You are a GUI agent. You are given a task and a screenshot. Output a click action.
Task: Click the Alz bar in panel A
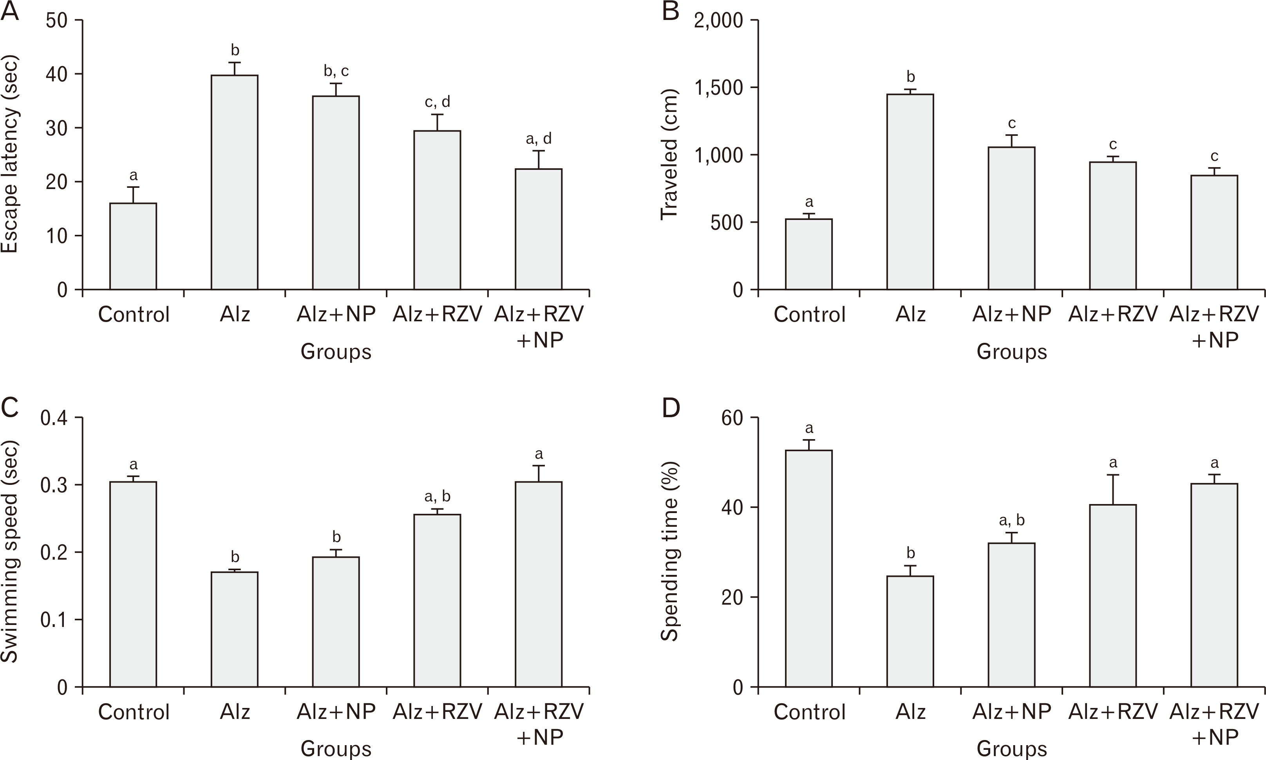pyautogui.click(x=234, y=182)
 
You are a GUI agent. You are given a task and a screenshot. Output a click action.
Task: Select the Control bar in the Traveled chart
pyautogui.click(x=809, y=254)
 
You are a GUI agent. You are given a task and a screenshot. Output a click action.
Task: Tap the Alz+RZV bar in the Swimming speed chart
pyautogui.click(x=437, y=600)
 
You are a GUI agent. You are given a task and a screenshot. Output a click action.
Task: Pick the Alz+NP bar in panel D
pyautogui.click(x=1011, y=614)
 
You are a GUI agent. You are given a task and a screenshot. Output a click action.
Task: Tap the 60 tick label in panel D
pyautogui.click(x=732, y=418)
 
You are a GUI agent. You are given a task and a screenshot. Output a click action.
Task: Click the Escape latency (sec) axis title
pyautogui.click(x=10, y=155)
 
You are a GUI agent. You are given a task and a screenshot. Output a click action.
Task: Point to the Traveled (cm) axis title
pyautogui.click(x=669, y=155)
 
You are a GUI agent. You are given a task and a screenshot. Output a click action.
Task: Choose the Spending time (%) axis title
pyautogui.click(x=669, y=551)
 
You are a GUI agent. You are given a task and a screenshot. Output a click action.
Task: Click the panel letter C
pyautogui.click(x=10, y=408)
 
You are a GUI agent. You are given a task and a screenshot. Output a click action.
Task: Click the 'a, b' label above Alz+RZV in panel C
pyautogui.click(x=437, y=496)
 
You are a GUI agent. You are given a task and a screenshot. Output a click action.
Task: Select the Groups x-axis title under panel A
pyautogui.click(x=336, y=352)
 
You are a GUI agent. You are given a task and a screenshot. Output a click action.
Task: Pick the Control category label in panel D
pyautogui.click(x=809, y=712)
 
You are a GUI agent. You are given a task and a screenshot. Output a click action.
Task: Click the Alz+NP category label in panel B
pyautogui.click(x=1011, y=314)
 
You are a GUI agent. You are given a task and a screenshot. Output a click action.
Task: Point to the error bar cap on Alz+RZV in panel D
pyautogui.click(x=1113, y=475)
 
